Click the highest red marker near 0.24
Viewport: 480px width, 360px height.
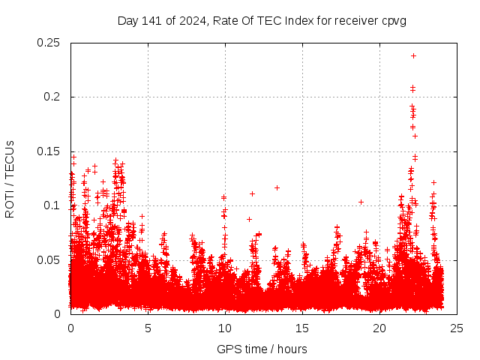pos(413,55)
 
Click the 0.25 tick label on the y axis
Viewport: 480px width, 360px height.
pos(49,43)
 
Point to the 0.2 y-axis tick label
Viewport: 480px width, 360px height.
pos(52,97)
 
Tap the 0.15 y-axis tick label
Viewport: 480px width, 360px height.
pos(49,151)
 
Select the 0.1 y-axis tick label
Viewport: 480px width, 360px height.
pos(52,205)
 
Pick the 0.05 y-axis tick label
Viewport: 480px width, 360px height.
pos(49,259)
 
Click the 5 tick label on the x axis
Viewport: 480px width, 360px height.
pos(148,328)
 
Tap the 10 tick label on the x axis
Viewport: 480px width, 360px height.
pos(225,328)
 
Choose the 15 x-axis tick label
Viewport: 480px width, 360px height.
pos(302,328)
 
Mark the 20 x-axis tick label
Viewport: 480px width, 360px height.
pos(379,328)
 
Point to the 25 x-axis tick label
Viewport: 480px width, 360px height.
pos(457,328)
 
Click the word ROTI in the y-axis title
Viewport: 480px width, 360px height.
pos(10,203)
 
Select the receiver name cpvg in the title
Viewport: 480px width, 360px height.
pos(393,20)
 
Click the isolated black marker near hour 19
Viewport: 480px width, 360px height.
pos(361,202)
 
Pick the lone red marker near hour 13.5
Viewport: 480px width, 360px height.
pos(277,187)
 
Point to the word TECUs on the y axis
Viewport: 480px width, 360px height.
pos(10,158)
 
